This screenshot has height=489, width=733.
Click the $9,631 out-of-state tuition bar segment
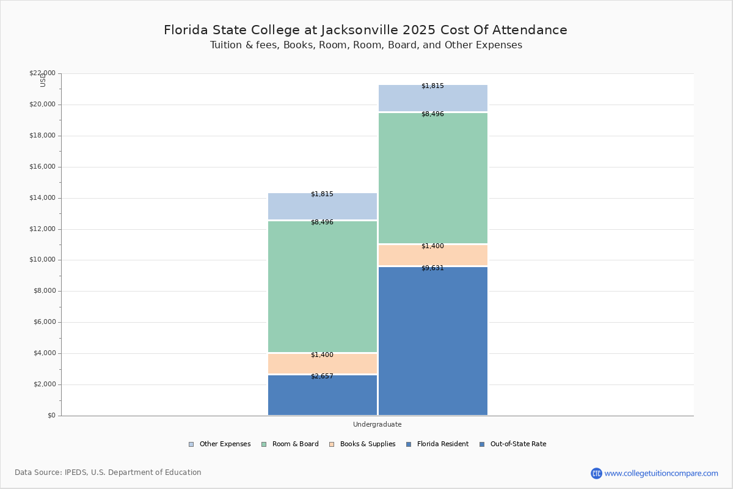[432, 341]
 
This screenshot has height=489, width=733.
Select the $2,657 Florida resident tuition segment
[322, 395]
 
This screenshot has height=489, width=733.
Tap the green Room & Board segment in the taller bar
[432, 178]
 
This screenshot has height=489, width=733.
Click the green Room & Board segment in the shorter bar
[322, 286]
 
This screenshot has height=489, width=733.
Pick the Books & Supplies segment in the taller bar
[432, 255]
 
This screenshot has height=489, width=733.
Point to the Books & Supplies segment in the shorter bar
[322, 364]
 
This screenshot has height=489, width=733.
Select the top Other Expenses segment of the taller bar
[432, 98]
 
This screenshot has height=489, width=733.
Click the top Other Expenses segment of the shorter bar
[322, 206]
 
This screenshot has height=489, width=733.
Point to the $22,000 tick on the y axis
[42, 73]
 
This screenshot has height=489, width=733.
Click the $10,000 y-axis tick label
[42, 260]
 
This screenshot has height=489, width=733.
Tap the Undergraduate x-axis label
[377, 424]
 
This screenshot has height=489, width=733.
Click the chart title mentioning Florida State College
[365, 30]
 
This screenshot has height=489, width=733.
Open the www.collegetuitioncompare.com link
[661, 473]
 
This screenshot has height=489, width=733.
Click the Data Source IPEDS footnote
[108, 472]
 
